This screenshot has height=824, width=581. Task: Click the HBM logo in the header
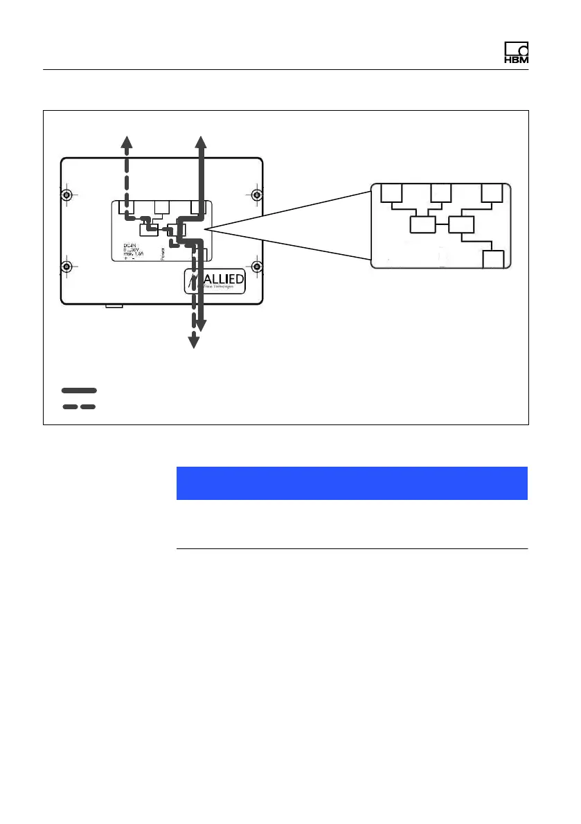[x=516, y=54]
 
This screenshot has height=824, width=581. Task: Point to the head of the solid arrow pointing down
[x=201, y=325]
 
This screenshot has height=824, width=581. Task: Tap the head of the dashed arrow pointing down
[x=193, y=341]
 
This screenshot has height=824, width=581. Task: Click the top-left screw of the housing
[x=66, y=195]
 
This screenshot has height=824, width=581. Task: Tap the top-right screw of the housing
[x=256, y=195]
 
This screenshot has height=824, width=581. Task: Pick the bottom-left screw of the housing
[x=66, y=267]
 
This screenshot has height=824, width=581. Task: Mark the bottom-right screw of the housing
[x=256, y=267]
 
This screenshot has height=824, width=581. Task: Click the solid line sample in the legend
[x=79, y=391]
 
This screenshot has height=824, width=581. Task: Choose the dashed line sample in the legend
[x=79, y=406]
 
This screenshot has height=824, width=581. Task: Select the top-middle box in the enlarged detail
[x=440, y=193]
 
